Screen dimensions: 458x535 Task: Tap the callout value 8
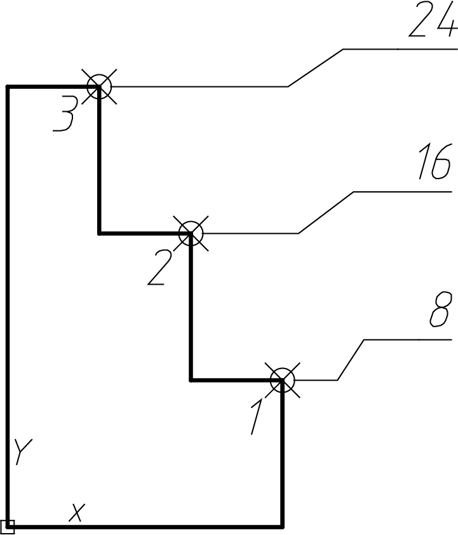[441, 310]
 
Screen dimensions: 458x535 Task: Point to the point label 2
[159, 268]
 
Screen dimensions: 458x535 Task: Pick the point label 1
[257, 417]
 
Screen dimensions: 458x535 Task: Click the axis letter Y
[24, 451]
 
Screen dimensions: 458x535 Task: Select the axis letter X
[77, 512]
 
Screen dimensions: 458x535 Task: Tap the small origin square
[8, 527]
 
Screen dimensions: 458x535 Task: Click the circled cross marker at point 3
[99, 86]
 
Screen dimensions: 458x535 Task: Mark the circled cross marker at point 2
[191, 234]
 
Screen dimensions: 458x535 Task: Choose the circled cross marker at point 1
[283, 380]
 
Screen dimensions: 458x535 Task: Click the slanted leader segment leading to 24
[316, 68]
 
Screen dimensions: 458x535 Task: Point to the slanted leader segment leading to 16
[326, 213]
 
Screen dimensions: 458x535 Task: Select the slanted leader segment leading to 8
[351, 360]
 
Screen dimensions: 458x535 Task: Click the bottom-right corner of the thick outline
[283, 527]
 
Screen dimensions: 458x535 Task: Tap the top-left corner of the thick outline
[8, 86]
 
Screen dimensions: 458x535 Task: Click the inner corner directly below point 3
[99, 234]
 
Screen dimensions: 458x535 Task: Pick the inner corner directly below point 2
[191, 380]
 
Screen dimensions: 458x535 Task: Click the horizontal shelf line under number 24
[400, 49]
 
